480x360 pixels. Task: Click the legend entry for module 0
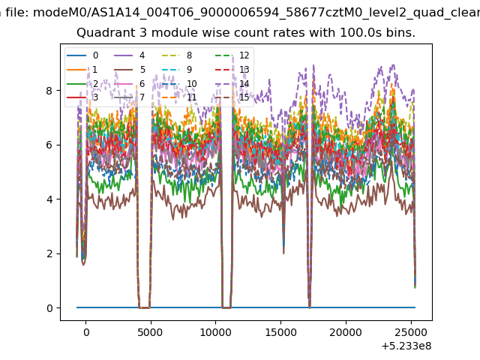click(x=82, y=55)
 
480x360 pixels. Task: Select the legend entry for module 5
click(x=130, y=70)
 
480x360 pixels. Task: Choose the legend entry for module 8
click(x=177, y=55)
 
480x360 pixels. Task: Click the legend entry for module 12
click(x=232, y=55)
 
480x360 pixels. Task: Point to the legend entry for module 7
click(x=130, y=97)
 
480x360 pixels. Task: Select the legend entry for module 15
click(x=232, y=97)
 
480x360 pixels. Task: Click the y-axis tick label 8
click(x=49, y=91)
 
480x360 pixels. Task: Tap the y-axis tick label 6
click(x=49, y=145)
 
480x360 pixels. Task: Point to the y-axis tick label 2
click(x=49, y=253)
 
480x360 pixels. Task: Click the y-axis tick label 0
click(x=49, y=308)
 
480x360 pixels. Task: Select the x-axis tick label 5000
click(x=150, y=332)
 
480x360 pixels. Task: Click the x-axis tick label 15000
click(x=280, y=332)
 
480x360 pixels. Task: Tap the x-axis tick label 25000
click(x=411, y=332)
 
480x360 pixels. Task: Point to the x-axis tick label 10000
click(x=215, y=332)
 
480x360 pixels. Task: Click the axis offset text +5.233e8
click(x=406, y=346)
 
